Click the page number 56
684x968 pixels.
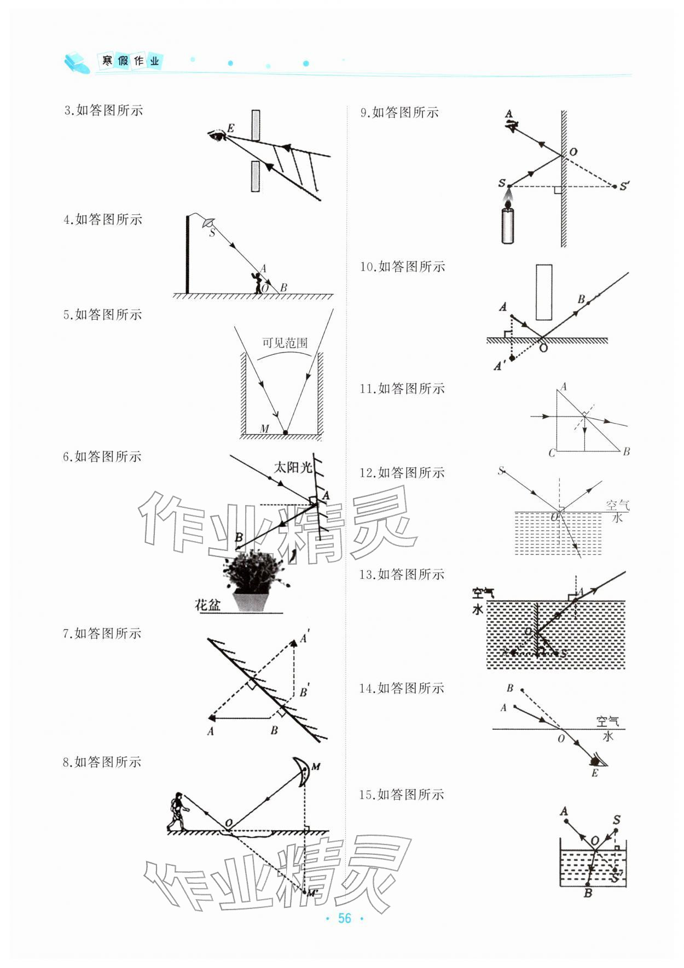[x=344, y=918]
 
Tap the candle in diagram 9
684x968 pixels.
[x=508, y=225]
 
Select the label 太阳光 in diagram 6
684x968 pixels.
[x=293, y=467]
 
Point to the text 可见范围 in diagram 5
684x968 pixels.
[x=285, y=343]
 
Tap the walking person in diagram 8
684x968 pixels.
[x=177, y=811]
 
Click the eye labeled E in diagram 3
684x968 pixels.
[x=218, y=134]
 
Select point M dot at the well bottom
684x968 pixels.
[x=285, y=432]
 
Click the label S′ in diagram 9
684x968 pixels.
[x=624, y=186]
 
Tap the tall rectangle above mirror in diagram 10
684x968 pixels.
[x=544, y=292]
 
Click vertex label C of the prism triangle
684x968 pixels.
[x=551, y=453]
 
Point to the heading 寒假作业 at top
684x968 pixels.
[x=130, y=61]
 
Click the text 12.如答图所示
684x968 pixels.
[x=402, y=473]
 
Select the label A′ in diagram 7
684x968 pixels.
[x=304, y=637]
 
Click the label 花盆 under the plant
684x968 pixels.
[x=208, y=605]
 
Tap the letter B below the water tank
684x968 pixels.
[x=588, y=893]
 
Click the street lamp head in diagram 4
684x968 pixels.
[x=207, y=222]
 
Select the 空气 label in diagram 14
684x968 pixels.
[x=607, y=721]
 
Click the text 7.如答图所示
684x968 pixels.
[x=102, y=633]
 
